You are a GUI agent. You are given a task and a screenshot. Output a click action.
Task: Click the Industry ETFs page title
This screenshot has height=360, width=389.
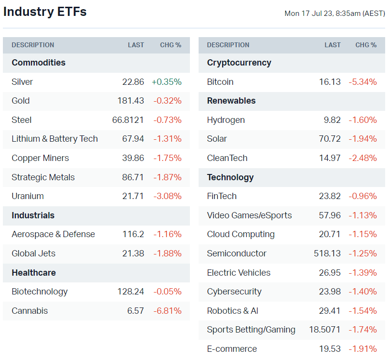point(45,12)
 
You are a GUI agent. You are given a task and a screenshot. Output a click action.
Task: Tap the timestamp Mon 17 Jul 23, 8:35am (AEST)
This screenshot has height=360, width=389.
point(335,13)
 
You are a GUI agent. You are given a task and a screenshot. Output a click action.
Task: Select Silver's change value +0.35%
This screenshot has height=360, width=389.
point(167,82)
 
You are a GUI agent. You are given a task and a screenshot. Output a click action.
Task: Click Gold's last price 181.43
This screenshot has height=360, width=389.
point(131,101)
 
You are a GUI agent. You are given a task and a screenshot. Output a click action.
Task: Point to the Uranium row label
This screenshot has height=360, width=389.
point(27,196)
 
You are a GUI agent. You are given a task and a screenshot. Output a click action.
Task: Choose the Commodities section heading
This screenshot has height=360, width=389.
point(39,63)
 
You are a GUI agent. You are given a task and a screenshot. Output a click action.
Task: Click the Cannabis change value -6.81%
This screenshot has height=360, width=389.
point(167,311)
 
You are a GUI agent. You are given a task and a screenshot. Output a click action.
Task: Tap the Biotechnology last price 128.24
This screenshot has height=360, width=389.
point(131,292)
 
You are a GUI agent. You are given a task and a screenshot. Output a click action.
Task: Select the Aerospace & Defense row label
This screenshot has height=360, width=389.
point(53,234)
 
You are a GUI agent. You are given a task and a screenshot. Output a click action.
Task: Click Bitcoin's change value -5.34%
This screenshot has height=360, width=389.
point(362,82)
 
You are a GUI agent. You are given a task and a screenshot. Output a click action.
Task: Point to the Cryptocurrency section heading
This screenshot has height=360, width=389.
point(239,63)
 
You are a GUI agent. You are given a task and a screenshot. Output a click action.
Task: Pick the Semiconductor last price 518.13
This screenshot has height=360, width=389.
point(326,253)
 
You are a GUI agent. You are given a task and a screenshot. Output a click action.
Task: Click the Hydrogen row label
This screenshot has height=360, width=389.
point(226,120)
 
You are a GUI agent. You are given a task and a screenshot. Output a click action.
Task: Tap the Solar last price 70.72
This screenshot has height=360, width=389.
point(330,139)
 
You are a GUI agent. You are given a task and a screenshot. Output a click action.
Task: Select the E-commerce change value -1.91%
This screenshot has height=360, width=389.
point(362,349)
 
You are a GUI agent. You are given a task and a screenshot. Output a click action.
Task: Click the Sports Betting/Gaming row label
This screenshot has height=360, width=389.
point(251,330)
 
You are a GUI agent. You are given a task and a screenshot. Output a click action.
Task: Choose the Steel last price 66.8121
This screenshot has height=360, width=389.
point(128,120)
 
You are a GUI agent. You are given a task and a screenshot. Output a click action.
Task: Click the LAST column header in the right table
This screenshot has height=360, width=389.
point(333,45)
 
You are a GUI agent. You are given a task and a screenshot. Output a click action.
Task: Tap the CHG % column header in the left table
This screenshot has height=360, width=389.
point(171,45)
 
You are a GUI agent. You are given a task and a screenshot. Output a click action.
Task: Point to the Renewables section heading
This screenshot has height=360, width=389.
point(231,101)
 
